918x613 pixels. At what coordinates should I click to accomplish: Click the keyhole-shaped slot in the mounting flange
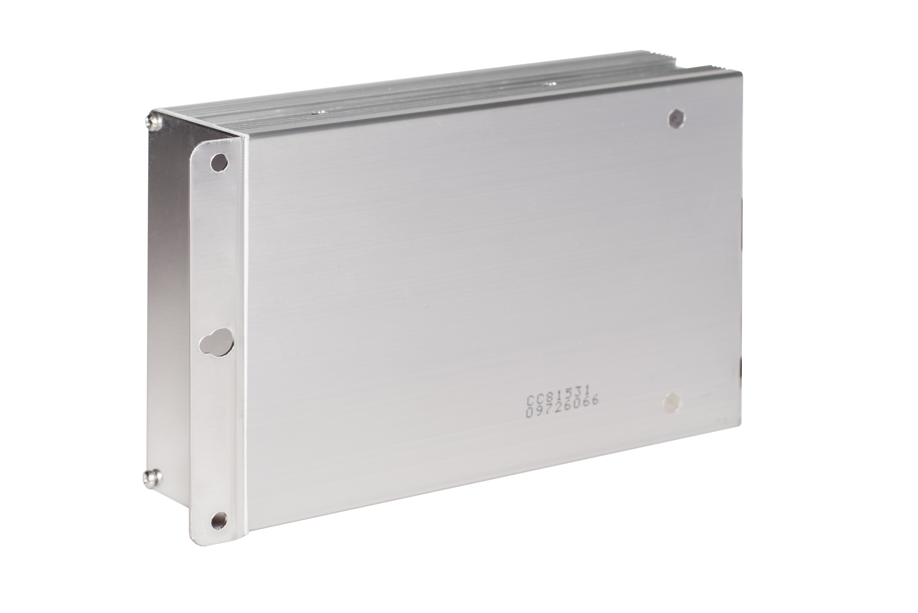pos(216,345)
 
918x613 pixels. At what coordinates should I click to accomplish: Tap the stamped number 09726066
pos(563,412)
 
